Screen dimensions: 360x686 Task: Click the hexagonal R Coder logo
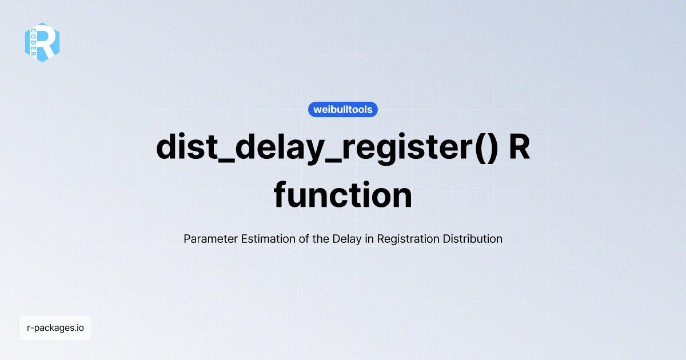click(42, 42)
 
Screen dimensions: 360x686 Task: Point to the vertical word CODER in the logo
click(34, 43)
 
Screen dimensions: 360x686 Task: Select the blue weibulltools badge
click(343, 109)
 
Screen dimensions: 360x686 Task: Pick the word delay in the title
click(270, 148)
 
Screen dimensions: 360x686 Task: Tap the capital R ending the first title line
click(519, 148)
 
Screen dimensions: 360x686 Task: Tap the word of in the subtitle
click(304, 239)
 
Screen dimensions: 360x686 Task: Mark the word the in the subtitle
click(321, 239)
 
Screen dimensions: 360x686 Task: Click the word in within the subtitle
click(369, 239)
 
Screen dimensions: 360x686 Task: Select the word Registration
click(408, 239)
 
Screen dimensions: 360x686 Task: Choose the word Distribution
click(473, 239)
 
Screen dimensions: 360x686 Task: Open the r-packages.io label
click(55, 328)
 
